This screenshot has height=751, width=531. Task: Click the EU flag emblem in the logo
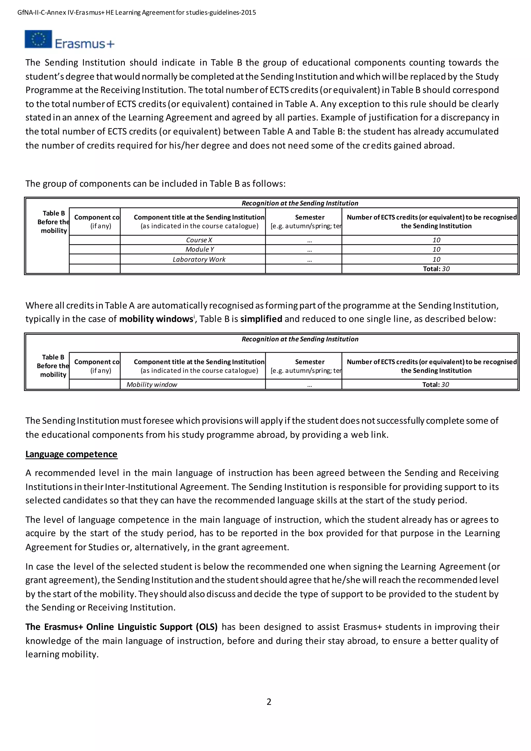click(38, 39)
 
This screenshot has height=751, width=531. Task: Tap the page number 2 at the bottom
click(269, 702)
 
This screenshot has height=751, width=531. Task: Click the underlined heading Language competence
click(71, 454)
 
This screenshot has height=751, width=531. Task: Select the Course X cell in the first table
click(199, 240)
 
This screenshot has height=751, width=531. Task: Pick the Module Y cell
click(199, 249)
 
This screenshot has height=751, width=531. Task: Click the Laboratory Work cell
click(199, 259)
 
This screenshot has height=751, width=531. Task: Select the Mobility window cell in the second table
click(152, 384)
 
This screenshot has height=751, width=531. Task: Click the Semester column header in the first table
click(309, 217)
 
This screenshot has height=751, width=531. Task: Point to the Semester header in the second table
click(309, 362)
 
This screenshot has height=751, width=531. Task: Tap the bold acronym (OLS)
click(206, 627)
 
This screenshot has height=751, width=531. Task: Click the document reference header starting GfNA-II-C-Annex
click(136, 12)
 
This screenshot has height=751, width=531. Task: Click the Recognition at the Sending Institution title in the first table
click(299, 203)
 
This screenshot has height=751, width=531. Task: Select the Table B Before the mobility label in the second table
click(53, 366)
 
